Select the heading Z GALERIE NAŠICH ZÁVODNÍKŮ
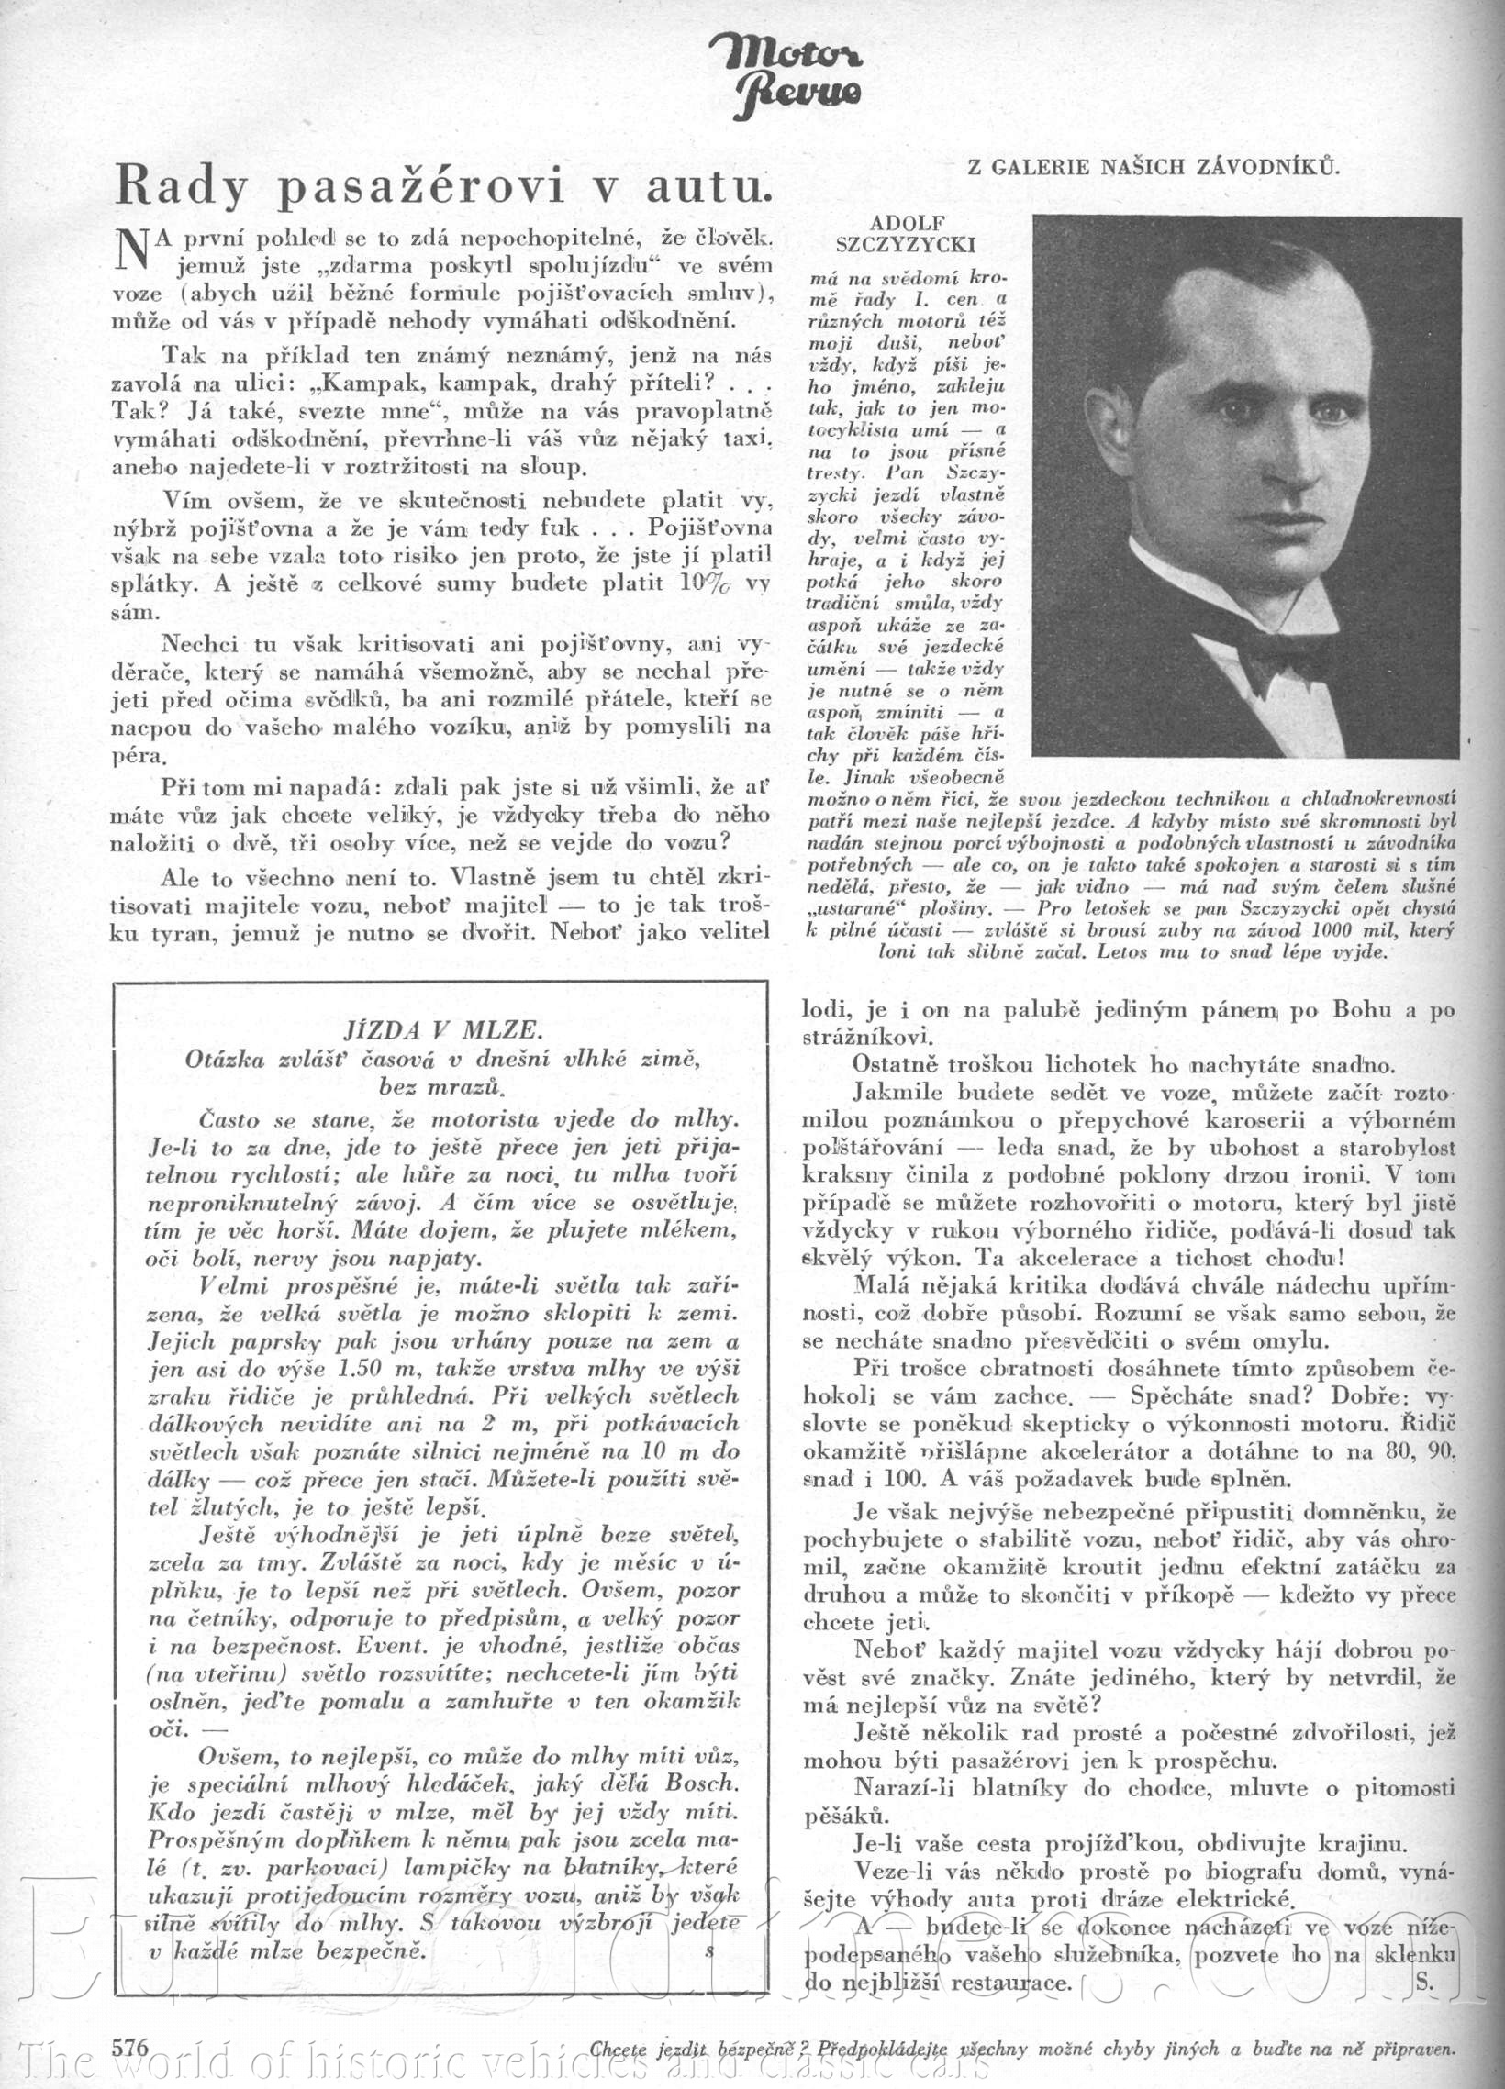(1152, 167)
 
